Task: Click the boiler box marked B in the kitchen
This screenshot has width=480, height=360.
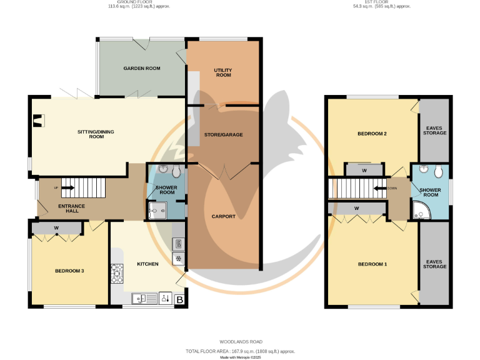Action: [180, 301]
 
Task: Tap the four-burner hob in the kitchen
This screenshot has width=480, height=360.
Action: [117, 272]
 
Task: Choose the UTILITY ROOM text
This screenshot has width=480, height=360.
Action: [222, 72]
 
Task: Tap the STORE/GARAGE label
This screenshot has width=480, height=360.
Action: [223, 134]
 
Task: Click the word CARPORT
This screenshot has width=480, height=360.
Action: [223, 216]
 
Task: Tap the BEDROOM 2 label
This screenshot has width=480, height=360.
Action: [372, 134]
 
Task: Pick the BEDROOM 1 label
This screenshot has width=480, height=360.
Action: [372, 264]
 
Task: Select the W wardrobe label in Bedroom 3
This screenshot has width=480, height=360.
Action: [56, 227]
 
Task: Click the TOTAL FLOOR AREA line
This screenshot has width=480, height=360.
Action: [240, 351]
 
